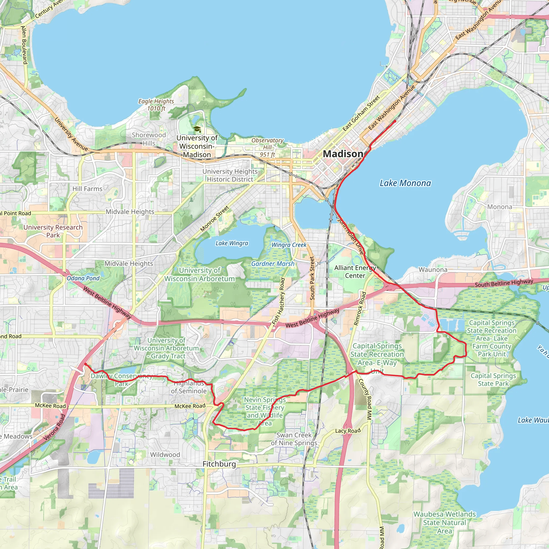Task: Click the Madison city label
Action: tap(343, 154)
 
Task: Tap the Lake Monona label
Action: tap(405, 183)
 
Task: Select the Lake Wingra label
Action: tap(232, 243)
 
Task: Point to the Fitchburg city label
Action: tap(219, 464)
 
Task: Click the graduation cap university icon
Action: tap(197, 129)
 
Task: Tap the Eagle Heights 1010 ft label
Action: tap(156, 105)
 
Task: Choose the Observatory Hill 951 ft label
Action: tap(267, 147)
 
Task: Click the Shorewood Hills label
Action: tap(149, 139)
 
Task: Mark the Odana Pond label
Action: tap(83, 279)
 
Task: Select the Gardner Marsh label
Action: tap(273, 264)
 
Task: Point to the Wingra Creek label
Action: tap(289, 245)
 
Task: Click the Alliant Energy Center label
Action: tap(355, 272)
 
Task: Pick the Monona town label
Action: tap(500, 207)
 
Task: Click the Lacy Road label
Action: tap(348, 431)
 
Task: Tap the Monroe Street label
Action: tap(215, 218)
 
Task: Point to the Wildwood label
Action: tap(165, 455)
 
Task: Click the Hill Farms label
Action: tap(87, 189)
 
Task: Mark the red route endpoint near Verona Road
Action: tap(85, 364)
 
